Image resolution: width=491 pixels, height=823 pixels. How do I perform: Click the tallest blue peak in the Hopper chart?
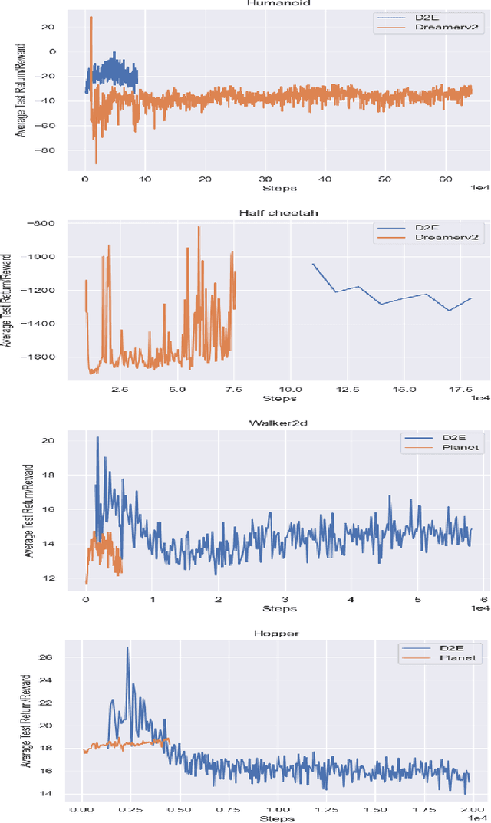point(128,648)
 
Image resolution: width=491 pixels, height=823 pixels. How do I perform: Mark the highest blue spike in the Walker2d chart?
point(97,437)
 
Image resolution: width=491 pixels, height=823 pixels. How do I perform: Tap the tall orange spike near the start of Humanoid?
point(91,18)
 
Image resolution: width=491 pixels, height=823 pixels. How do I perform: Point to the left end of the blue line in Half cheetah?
point(312,264)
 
